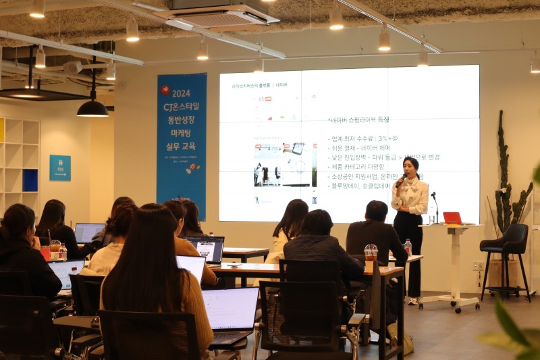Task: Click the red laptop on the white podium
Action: [x=452, y=218]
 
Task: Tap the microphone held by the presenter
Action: [x=401, y=180]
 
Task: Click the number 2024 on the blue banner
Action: [x=181, y=93]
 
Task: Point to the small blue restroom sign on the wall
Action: [x=59, y=168]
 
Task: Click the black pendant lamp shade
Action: [x=92, y=109]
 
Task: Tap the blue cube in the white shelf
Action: [x=30, y=180]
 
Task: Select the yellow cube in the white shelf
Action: [x=2, y=130]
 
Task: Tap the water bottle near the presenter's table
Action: [x=407, y=247]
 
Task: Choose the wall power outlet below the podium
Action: [x=477, y=265]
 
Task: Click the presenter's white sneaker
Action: [x=412, y=301]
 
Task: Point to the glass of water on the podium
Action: [x=432, y=220]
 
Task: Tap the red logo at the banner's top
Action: [x=165, y=89]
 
